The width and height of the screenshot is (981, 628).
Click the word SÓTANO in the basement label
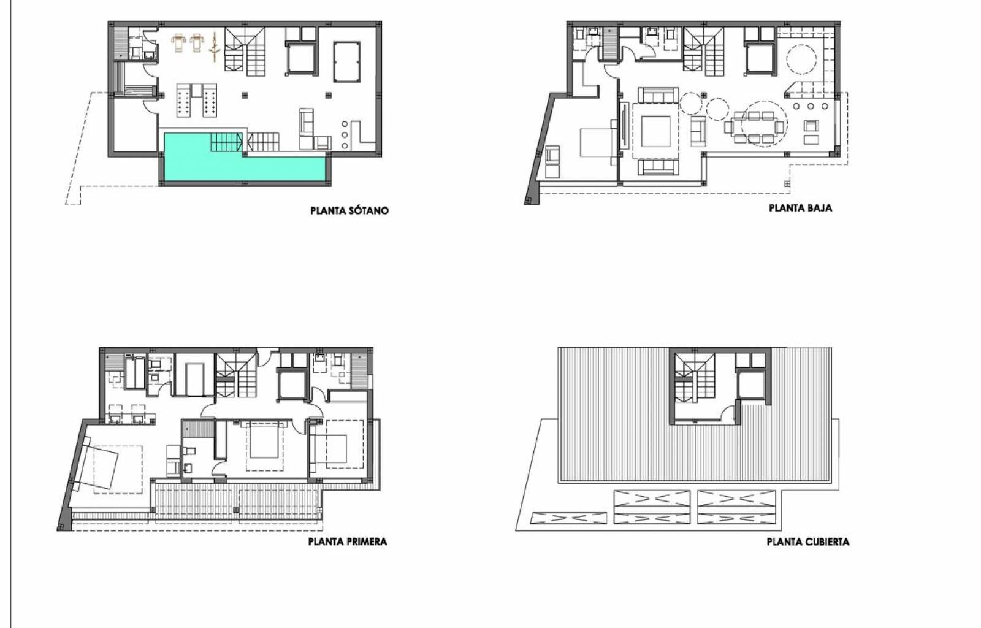pyautogui.click(x=368, y=210)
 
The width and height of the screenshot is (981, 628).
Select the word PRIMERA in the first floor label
pyautogui.click(x=367, y=542)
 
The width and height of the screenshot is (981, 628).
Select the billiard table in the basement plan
pyautogui.click(x=347, y=62)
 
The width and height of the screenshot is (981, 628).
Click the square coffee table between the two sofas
pyautogui.click(x=655, y=131)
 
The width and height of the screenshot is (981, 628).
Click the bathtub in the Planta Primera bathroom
pyautogui.click(x=135, y=372)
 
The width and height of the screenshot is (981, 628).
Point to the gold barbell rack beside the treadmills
pyautogui.click(x=214, y=47)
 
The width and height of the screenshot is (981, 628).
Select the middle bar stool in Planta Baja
pyautogui.click(x=810, y=106)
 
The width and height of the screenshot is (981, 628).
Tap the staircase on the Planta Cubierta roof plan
pyautogui.click(x=695, y=378)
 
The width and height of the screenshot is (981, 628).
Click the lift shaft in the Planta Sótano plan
pyautogui.click(x=301, y=59)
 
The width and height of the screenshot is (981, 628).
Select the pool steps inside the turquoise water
pyautogui.click(x=226, y=142)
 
